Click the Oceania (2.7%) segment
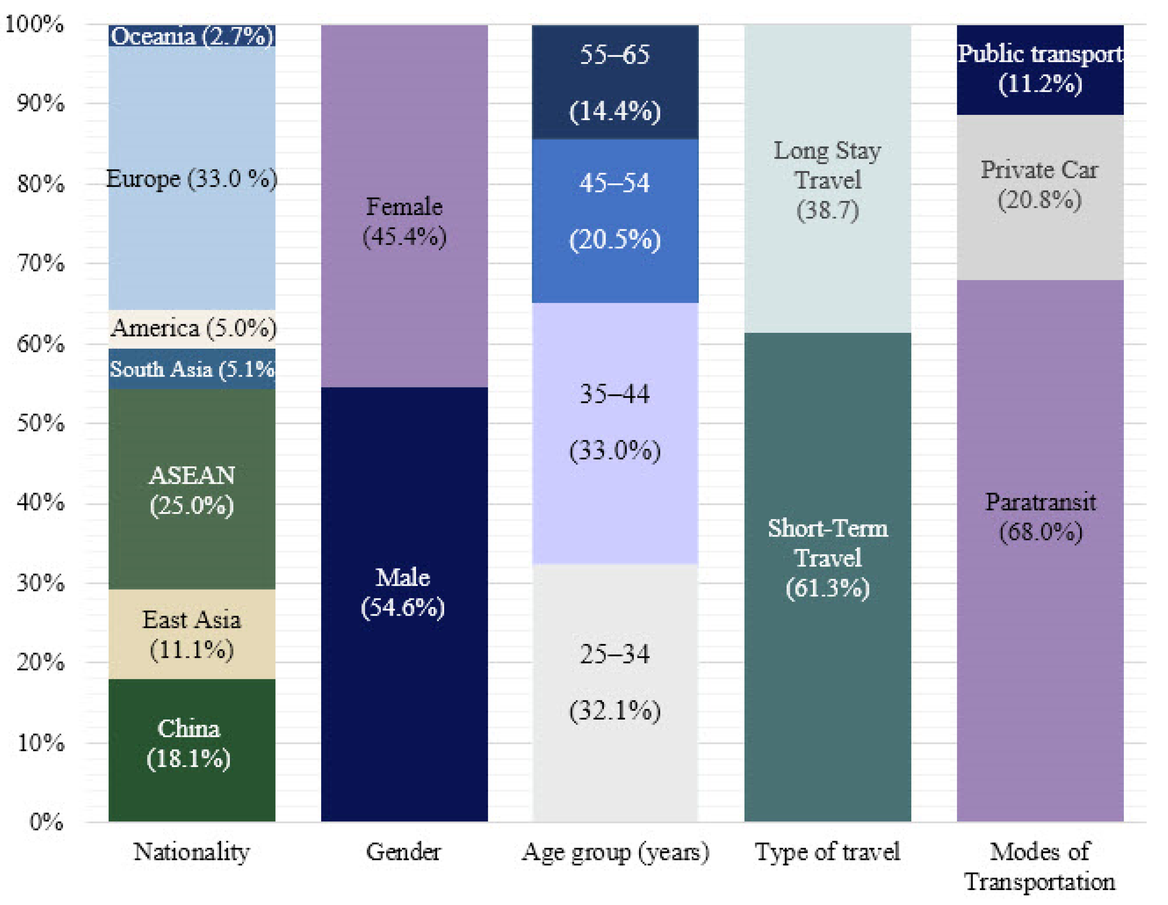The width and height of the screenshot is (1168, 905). point(191,36)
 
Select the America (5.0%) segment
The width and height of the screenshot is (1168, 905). point(191,328)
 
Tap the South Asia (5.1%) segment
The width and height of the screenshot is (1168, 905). point(191,369)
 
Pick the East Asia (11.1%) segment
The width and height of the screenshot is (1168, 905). point(191,634)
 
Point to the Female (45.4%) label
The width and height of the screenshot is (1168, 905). point(404,221)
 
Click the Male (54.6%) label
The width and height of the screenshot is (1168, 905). point(403,592)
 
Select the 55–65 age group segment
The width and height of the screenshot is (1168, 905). point(614,82)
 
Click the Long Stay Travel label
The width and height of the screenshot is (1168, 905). point(827,180)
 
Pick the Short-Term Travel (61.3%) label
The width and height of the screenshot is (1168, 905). point(827,558)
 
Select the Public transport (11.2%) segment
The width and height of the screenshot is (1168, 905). point(1040,69)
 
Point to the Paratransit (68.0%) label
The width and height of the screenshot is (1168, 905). point(1040,517)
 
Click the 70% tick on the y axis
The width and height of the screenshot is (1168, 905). point(41,263)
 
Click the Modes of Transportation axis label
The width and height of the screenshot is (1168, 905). point(1040,866)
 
